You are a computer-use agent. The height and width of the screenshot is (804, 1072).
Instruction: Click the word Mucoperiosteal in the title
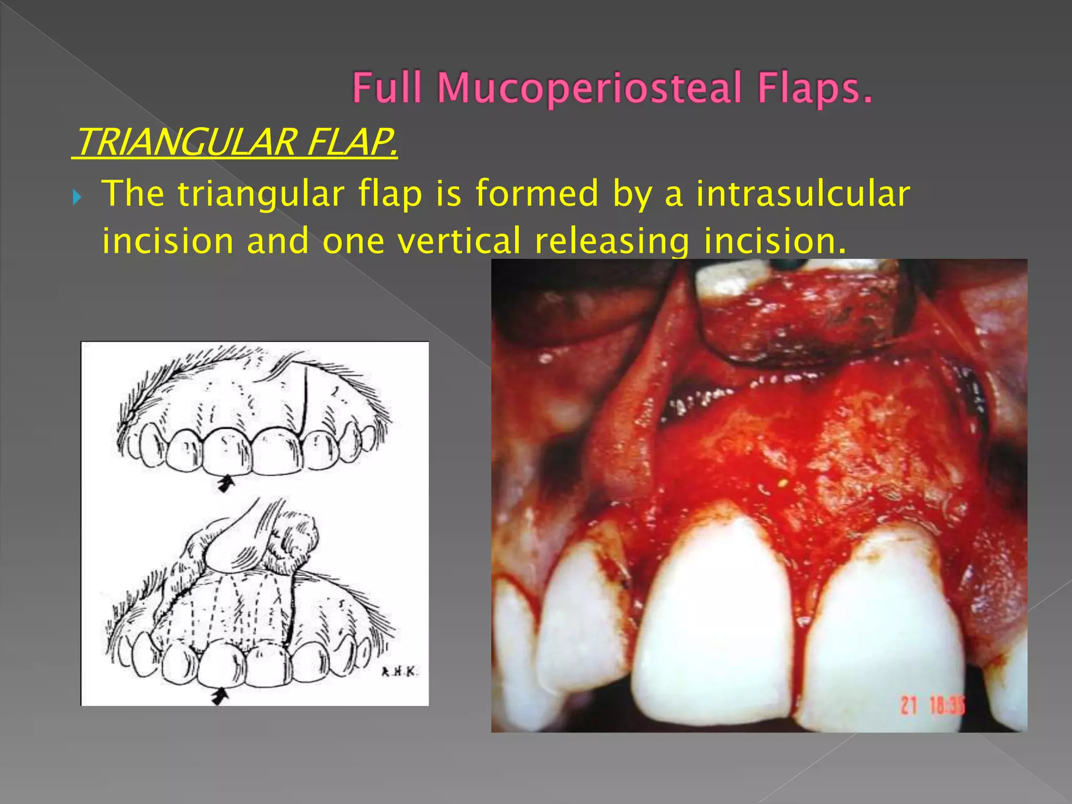click(590, 88)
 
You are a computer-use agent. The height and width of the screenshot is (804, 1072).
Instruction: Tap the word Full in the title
click(387, 87)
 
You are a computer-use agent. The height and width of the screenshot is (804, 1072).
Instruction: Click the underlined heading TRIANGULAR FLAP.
click(235, 142)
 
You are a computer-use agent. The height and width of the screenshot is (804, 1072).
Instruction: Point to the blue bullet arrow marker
click(77, 198)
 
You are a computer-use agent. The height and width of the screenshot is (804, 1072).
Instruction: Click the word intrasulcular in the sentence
click(803, 194)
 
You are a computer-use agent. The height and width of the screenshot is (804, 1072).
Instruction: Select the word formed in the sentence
click(537, 194)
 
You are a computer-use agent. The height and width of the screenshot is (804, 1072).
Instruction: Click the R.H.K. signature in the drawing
click(399, 672)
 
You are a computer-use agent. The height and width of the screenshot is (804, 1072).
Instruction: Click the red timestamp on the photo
click(932, 705)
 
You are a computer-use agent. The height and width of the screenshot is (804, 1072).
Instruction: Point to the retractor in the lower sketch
click(236, 539)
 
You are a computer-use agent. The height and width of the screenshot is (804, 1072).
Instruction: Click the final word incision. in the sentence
click(774, 241)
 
